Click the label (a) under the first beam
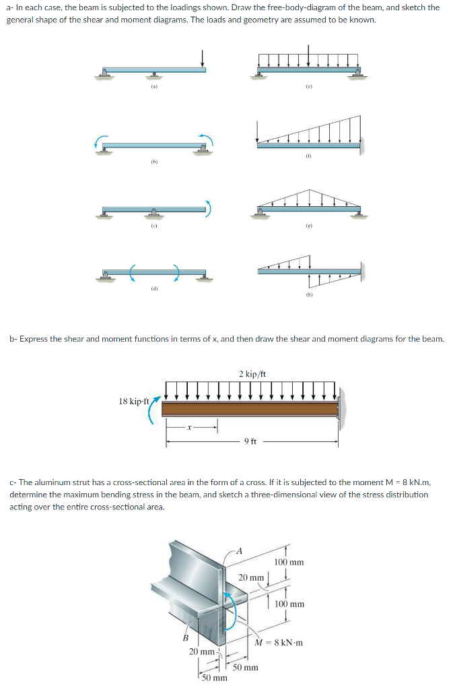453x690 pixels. point(154,86)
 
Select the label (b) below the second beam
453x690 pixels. point(154,162)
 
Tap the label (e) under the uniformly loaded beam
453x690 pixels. point(308,86)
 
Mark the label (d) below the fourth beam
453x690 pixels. point(154,288)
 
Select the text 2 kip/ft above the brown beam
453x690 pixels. point(250,373)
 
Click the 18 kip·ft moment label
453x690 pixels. point(133,401)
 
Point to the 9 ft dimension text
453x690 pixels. point(250,441)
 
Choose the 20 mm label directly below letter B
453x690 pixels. point(201,652)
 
